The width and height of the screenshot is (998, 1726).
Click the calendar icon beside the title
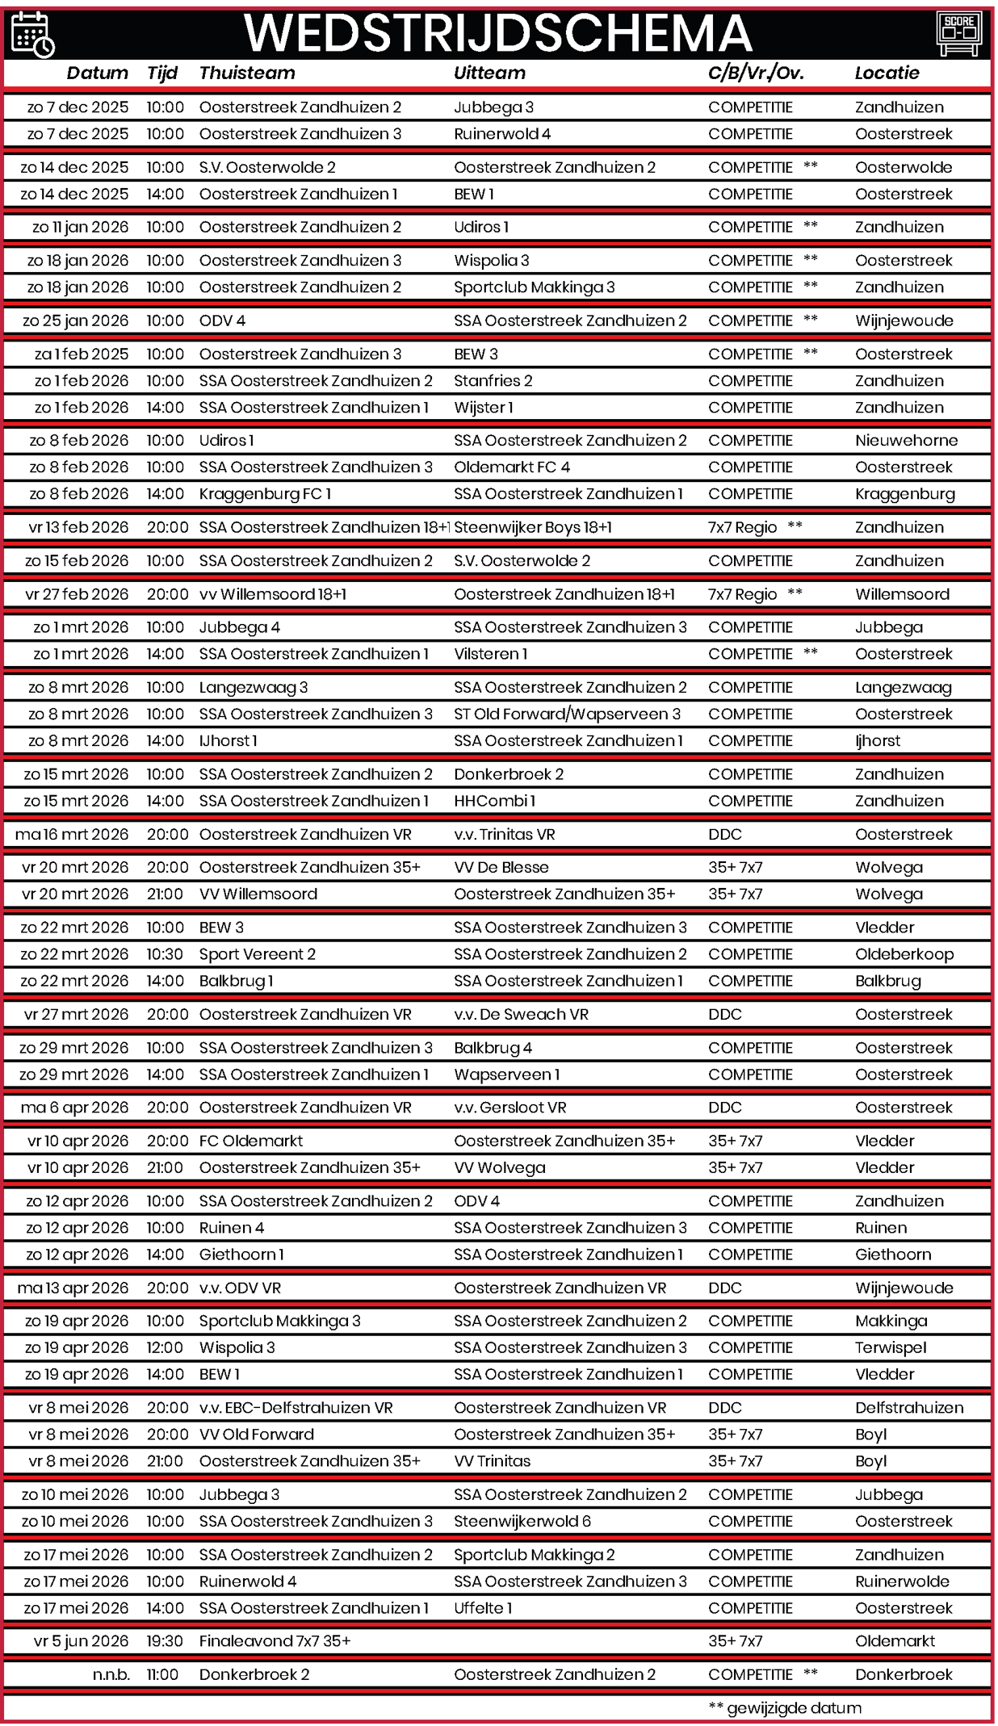[32, 34]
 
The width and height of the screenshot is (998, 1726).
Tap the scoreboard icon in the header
[958, 34]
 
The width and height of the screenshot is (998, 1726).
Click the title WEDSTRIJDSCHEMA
[497, 33]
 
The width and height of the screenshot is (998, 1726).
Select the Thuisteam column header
[247, 73]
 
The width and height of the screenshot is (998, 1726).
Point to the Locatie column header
[887, 73]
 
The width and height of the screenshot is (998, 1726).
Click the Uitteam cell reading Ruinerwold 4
[502, 134]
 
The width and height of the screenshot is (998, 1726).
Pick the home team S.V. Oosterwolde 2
[267, 167]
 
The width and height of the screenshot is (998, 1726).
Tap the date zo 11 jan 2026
[80, 227]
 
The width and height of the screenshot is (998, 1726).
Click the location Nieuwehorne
[906, 440]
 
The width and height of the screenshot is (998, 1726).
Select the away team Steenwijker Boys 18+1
[533, 527]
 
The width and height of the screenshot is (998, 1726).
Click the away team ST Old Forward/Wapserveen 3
[567, 714]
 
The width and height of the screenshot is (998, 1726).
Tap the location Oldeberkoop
[904, 954]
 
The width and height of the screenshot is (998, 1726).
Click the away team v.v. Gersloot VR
[510, 1108]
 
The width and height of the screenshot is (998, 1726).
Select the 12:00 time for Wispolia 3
[165, 1347]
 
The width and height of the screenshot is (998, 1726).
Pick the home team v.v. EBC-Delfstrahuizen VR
[296, 1407]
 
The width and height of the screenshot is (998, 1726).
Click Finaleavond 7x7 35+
[275, 1640]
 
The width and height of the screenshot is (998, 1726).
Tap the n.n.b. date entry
[111, 1674]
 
